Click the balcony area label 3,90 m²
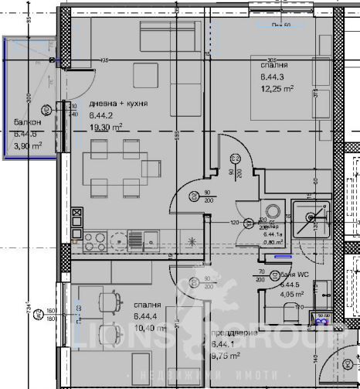[27, 144]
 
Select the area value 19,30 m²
[107, 127]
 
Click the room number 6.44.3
[273, 77]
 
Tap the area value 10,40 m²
[150, 328]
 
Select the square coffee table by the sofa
[145, 75]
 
